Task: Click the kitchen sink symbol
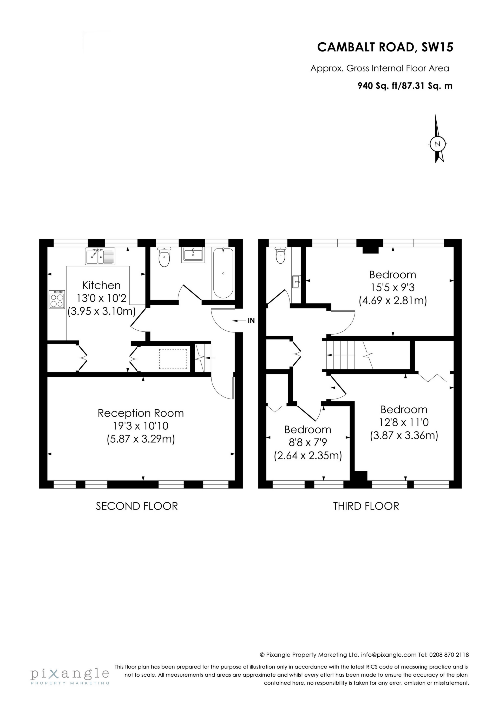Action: coord(100,256)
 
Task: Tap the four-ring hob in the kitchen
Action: coord(57,299)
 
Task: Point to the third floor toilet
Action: coord(280,256)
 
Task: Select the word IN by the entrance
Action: coord(251,321)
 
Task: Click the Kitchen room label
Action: coord(101,285)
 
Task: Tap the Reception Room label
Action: coord(141,413)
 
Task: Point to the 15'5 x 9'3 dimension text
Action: coord(393,287)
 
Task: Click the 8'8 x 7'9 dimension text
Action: coord(307,442)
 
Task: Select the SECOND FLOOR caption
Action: coord(137,506)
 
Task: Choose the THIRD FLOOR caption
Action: coord(366,506)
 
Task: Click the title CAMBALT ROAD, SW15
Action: coord(385,47)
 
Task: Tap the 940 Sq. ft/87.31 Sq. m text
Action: coord(405,86)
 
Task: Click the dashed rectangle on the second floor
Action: coord(173,358)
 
